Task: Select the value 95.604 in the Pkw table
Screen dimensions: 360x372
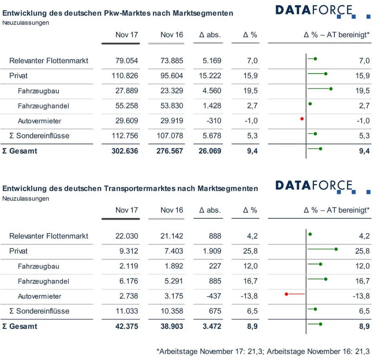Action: (x=172, y=76)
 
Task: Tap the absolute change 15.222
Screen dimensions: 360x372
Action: (x=212, y=76)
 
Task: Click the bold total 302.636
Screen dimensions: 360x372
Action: (x=125, y=151)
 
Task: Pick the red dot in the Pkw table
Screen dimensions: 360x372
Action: (x=302, y=119)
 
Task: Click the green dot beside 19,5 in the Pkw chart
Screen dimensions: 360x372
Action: (x=331, y=89)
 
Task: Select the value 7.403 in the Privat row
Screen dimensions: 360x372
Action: (x=174, y=251)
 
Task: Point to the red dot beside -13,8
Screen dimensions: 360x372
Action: (x=286, y=294)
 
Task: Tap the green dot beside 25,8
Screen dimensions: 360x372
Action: (x=336, y=249)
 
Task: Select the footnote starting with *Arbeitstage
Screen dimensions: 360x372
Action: (x=263, y=352)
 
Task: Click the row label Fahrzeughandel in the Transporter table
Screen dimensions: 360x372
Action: (x=44, y=281)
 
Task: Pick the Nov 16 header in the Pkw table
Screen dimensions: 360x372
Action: (x=171, y=35)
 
